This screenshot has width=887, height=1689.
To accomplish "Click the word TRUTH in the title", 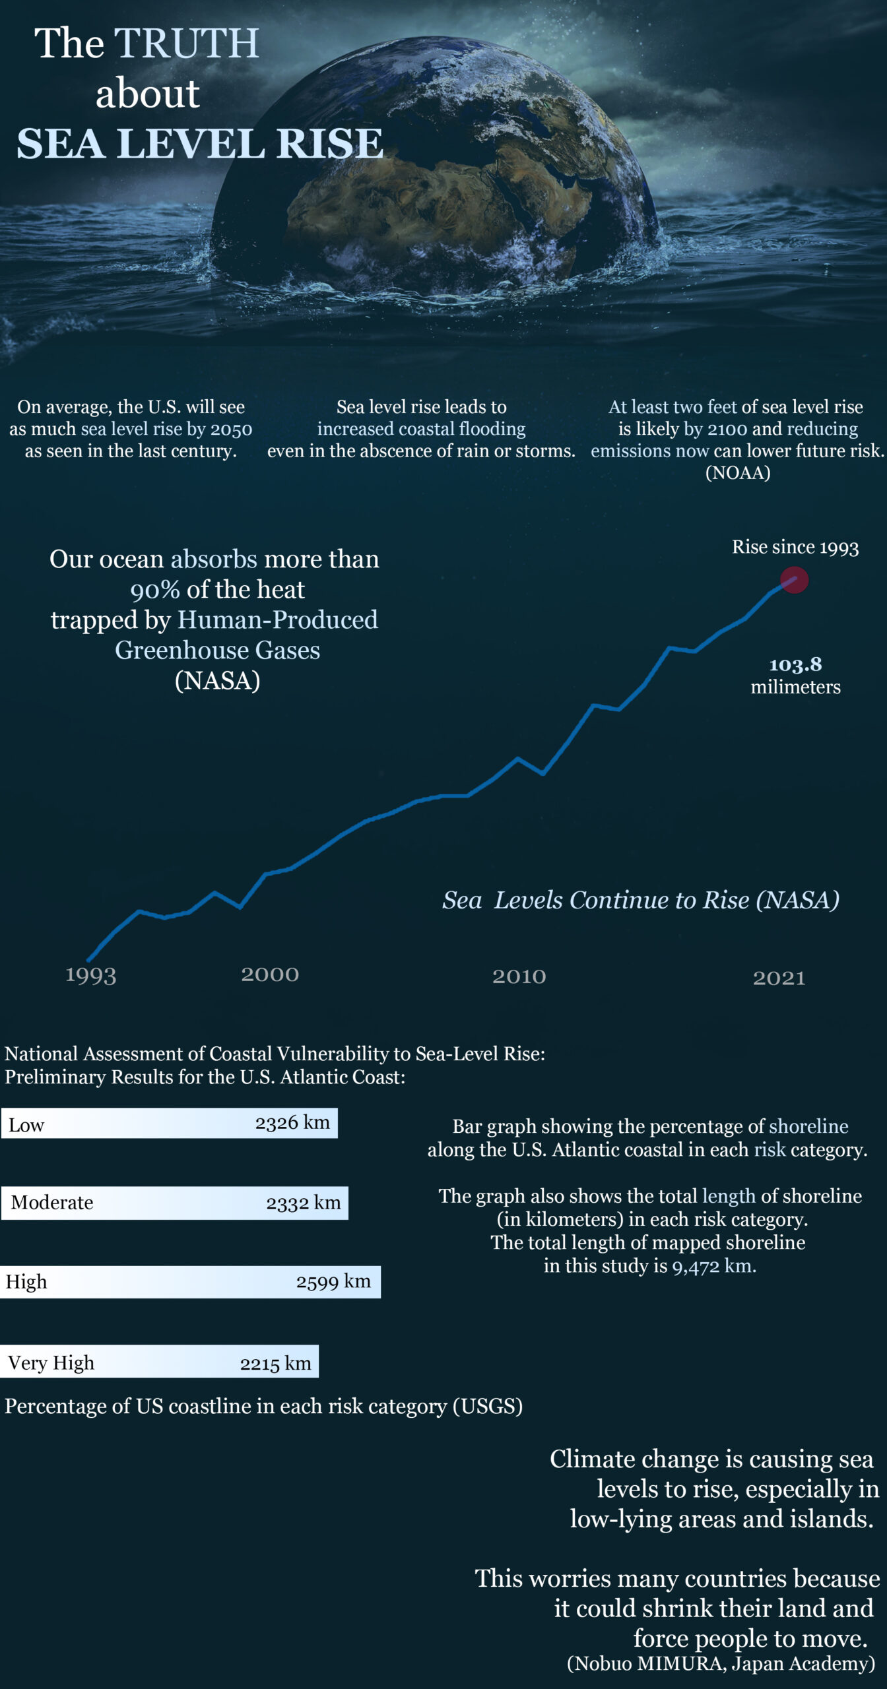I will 187,44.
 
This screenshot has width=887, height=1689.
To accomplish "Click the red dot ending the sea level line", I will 794,581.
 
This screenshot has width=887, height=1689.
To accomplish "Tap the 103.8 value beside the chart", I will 795,664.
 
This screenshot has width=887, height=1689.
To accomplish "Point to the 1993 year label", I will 90,975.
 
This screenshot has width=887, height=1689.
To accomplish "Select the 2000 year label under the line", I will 270,974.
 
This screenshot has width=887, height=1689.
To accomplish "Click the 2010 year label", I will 519,976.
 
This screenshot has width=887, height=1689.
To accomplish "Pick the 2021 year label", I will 779,978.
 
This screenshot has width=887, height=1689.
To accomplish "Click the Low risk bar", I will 169,1124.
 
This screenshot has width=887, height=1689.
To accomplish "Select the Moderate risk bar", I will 174,1203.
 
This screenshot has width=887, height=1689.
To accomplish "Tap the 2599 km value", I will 333,1281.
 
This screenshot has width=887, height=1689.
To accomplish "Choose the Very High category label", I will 51,1362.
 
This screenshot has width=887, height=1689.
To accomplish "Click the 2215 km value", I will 275,1363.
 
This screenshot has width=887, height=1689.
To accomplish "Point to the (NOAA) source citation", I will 738,473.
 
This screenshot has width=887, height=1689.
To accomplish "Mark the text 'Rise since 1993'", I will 795,547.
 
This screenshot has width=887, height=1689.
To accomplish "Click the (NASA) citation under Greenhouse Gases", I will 217,680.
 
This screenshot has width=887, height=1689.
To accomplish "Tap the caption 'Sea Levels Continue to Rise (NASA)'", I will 640,900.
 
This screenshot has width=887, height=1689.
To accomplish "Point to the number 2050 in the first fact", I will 231,429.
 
